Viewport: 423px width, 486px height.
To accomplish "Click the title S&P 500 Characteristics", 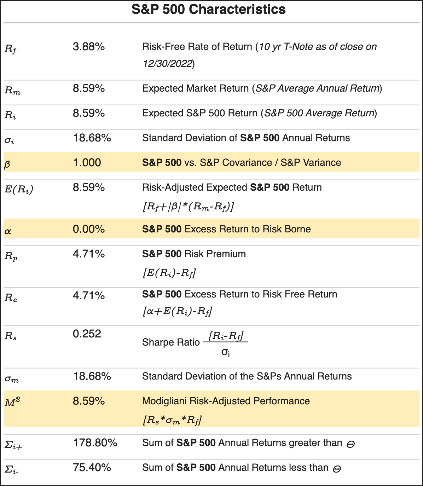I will (208, 10).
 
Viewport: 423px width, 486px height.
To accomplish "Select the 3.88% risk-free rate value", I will (89, 47).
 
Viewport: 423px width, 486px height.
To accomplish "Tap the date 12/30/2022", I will (168, 64).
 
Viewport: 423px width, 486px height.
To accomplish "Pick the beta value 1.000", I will (87, 163).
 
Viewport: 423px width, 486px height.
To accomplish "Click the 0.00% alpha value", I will (89, 229).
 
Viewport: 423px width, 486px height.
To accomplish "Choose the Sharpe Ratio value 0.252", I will (87, 334).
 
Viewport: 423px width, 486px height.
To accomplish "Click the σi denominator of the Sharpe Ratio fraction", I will (225, 352).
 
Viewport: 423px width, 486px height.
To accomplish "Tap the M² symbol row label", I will (11, 402).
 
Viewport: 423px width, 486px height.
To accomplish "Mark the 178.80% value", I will (95, 443).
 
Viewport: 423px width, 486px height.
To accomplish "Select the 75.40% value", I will (92, 468).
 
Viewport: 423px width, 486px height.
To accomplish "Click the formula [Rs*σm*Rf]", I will (172, 420).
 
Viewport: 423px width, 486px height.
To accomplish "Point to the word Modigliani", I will (164, 401).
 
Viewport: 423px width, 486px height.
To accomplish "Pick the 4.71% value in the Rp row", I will (89, 254).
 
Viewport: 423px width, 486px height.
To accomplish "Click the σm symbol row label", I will (11, 379).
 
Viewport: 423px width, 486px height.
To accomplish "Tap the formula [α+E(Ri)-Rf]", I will (177, 311).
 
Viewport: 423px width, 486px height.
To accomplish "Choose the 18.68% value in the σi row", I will (92, 138).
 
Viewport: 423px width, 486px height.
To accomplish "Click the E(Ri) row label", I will (19, 190).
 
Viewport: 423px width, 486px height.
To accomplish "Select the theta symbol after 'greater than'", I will (350, 444).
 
